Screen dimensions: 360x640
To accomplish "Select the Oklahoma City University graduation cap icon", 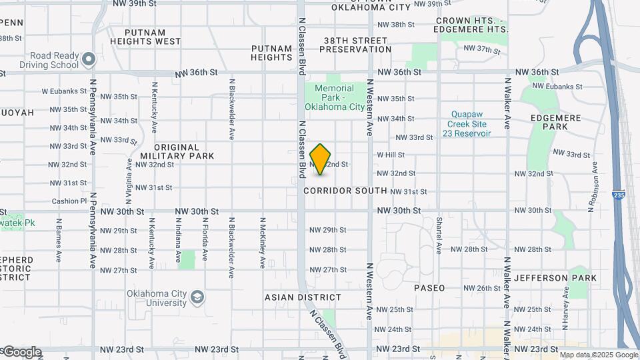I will coord(197,296).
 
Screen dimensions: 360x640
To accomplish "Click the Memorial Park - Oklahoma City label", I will coord(335,97).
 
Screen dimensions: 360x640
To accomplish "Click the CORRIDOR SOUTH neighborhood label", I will coord(345,191).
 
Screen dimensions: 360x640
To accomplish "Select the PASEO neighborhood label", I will coord(429,288).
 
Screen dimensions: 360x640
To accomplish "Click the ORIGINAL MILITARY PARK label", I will coord(184,151).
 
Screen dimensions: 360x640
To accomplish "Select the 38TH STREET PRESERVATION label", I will coord(357,45).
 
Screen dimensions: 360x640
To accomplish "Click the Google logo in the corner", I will coord(21,351).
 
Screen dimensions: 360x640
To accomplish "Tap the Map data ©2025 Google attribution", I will coord(598,355).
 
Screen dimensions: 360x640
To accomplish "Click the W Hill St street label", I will coord(391,155).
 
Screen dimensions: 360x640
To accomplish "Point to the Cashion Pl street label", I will coord(69,201).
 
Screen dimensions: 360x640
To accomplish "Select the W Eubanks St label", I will coord(61,90).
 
